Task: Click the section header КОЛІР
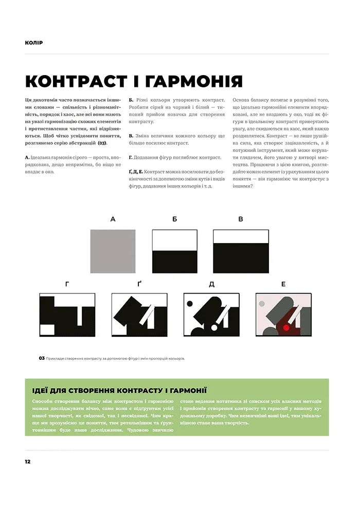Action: pos(33,42)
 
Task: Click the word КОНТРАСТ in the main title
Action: pos(80,81)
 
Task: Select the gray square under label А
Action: pos(113,251)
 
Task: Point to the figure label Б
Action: pos(175,219)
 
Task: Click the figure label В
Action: pos(240,219)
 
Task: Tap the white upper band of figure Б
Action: pos(175,240)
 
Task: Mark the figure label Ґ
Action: pos(139,283)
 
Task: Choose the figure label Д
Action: pos(211,283)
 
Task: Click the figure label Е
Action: pos(283,283)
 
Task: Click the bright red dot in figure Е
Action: pos(286,327)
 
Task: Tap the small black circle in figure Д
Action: pos(190,303)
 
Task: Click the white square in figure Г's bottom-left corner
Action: pos(47,330)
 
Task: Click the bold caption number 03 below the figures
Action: pos(42,358)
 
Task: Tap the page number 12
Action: pos(28,461)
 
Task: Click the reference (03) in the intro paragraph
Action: pos(102,143)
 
